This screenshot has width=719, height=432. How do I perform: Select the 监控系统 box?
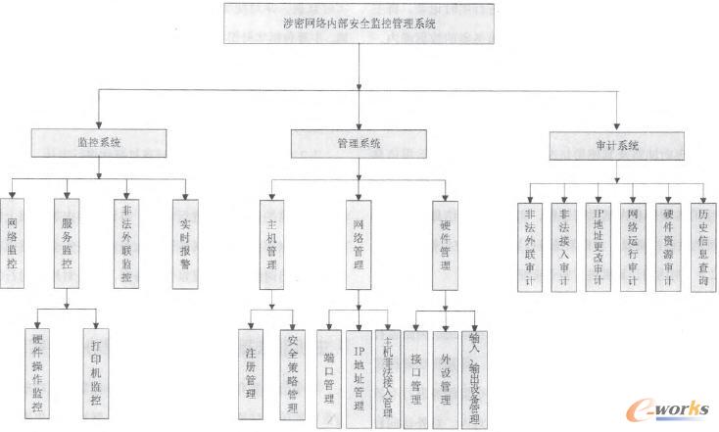pos(100,143)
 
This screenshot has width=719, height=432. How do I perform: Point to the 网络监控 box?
pos(12,243)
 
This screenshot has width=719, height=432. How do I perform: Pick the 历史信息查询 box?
pos(701,245)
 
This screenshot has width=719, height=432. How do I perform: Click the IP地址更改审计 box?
pos(599,245)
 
